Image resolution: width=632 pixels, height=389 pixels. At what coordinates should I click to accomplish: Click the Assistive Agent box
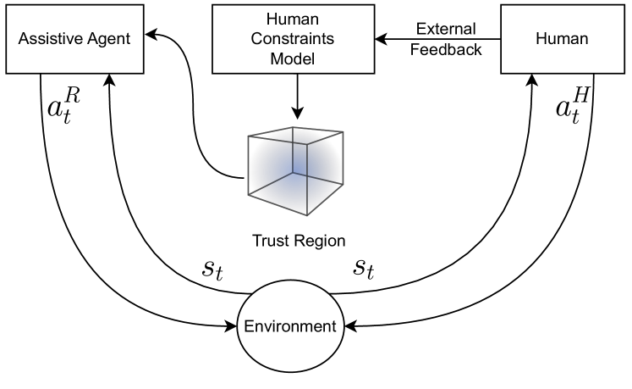click(x=74, y=39)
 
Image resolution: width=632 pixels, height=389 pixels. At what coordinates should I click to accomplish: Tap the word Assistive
click(x=47, y=39)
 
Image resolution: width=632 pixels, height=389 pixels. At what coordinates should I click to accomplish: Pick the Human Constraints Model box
click(x=293, y=39)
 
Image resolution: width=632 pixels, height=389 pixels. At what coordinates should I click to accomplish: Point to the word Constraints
click(x=292, y=39)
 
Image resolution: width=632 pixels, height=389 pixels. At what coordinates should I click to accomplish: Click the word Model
click(x=292, y=58)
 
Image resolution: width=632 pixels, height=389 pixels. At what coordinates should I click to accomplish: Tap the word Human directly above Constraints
click(x=292, y=19)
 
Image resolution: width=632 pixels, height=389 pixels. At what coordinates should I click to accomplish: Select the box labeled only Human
click(x=562, y=39)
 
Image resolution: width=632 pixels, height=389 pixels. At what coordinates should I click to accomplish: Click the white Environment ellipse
click(x=290, y=327)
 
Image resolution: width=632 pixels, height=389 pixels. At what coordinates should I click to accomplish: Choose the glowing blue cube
click(x=295, y=169)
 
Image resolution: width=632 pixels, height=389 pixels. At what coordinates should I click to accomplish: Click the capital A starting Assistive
click(x=24, y=39)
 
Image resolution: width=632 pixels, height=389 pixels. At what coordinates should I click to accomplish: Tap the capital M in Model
click(x=276, y=58)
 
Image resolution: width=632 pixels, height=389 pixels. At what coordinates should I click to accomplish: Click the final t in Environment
click(x=333, y=326)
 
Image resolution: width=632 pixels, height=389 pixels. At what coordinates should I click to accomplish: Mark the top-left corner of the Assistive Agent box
click(x=7, y=7)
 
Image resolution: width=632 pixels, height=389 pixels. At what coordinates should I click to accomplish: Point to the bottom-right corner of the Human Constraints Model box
click(x=373, y=72)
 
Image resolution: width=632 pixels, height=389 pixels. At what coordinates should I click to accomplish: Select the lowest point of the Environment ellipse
click(x=290, y=371)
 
